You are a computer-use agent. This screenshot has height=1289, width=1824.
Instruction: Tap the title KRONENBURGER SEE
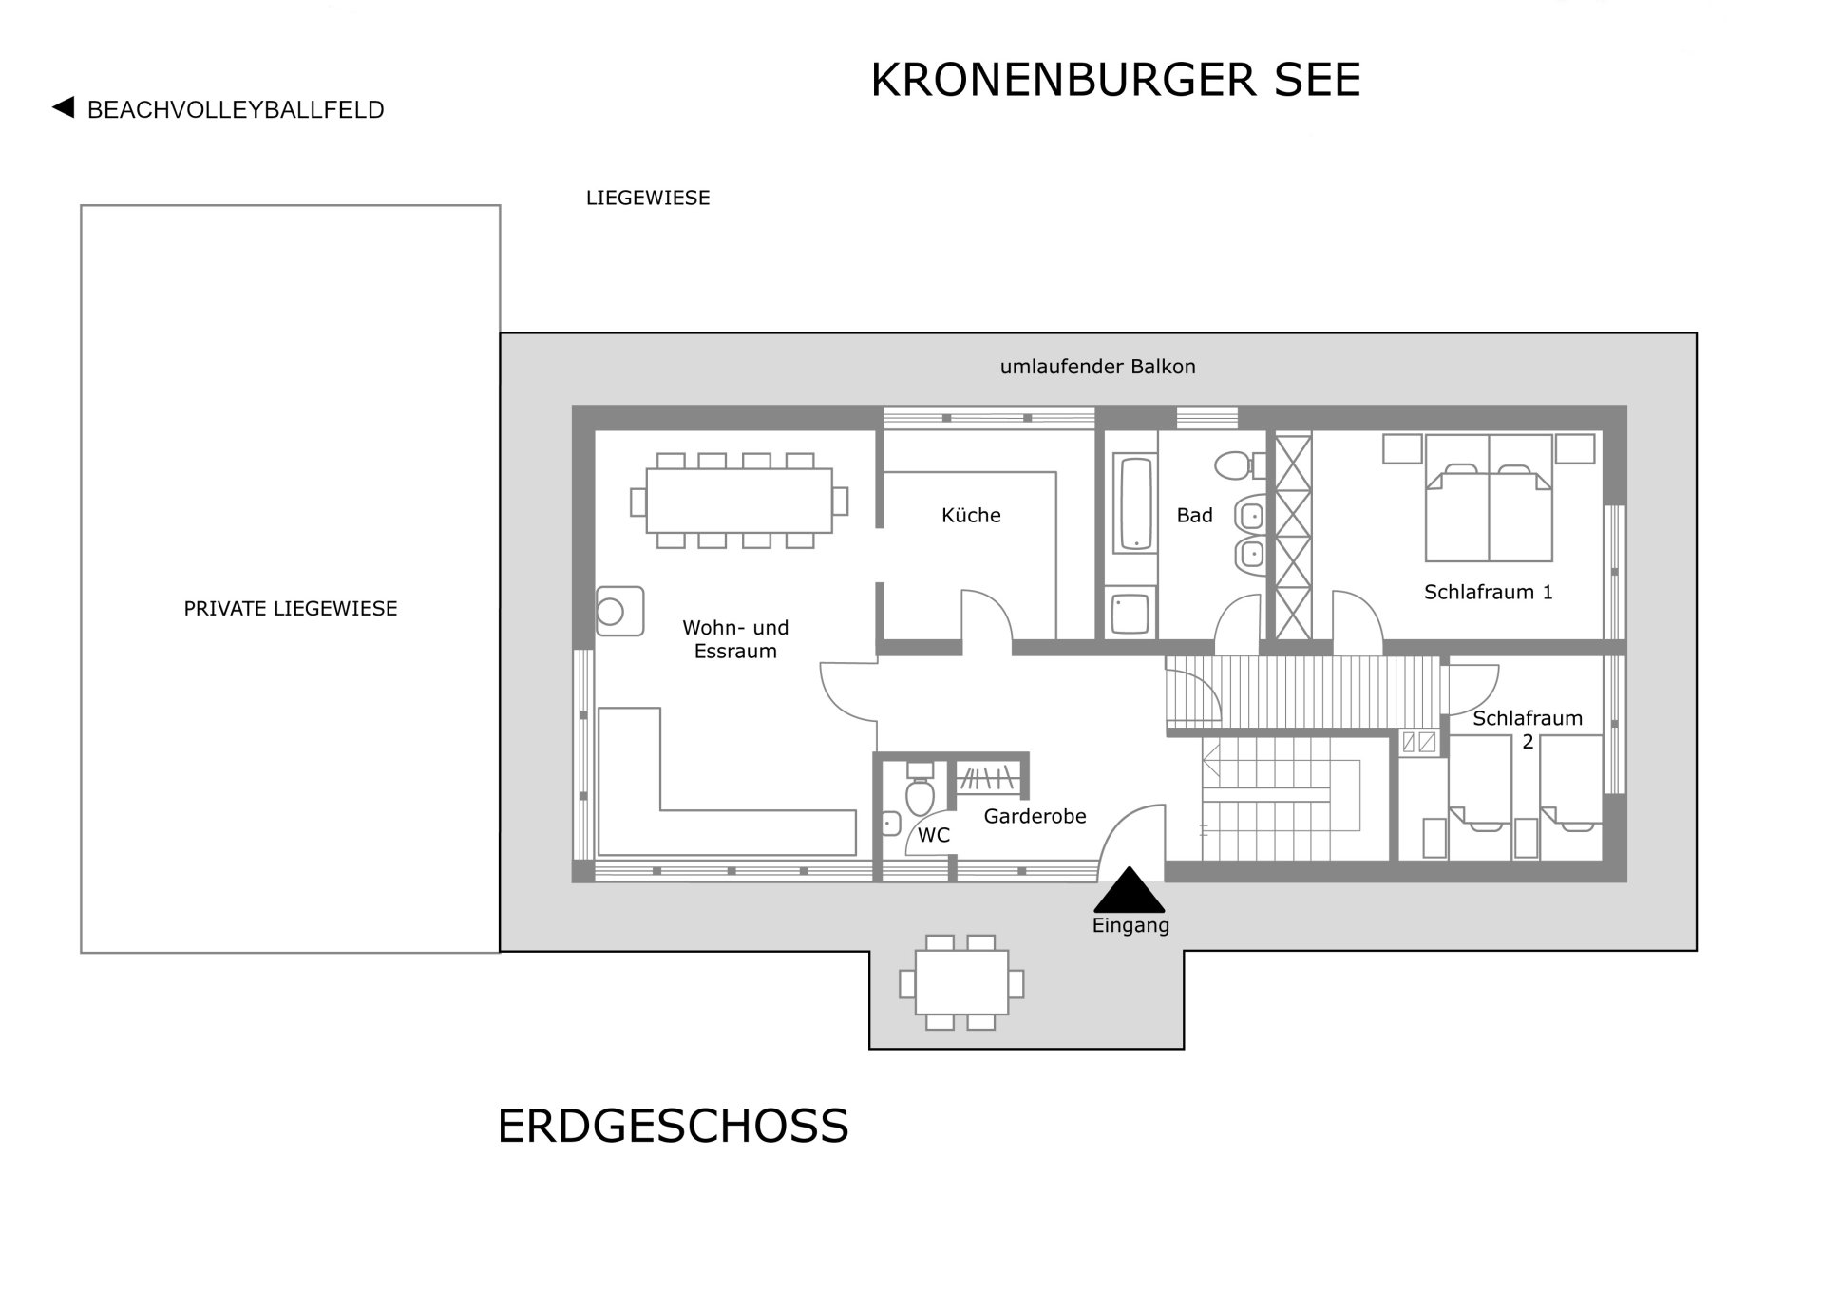click(x=1115, y=80)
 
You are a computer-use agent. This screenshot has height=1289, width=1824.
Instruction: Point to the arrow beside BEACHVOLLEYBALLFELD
click(x=63, y=107)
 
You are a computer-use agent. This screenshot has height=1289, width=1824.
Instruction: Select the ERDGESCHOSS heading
click(x=673, y=1127)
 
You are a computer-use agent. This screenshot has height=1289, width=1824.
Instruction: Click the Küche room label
click(x=971, y=515)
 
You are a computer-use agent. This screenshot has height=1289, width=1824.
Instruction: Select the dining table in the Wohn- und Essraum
click(x=739, y=501)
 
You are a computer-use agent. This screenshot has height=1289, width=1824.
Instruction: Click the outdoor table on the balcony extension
click(x=962, y=982)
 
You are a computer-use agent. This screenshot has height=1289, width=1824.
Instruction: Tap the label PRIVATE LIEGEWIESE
click(x=291, y=609)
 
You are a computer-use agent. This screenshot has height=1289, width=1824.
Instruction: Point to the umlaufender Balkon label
click(x=1097, y=367)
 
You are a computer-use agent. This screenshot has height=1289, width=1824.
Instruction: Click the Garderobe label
click(x=1035, y=816)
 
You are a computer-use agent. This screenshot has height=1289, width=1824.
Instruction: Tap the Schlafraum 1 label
click(x=1488, y=592)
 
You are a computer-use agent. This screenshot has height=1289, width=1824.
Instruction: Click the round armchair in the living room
click(x=619, y=611)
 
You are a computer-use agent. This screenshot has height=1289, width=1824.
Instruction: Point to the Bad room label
click(x=1194, y=515)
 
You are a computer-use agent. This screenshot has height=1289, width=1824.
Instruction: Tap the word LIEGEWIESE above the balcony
click(x=648, y=199)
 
